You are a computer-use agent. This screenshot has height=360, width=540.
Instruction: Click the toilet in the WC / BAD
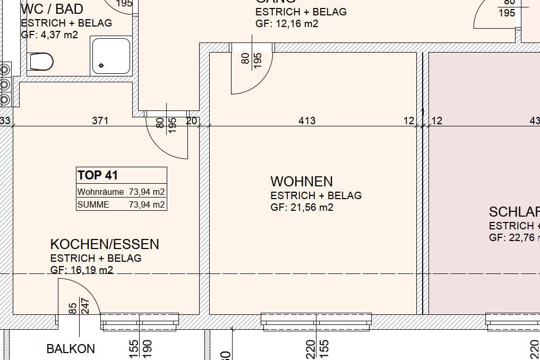(41, 61)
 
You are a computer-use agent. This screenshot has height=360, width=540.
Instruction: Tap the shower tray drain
(101, 66)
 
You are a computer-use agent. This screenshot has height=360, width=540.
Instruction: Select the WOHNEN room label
(301, 182)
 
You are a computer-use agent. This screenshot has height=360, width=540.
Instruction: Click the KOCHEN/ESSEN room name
(105, 244)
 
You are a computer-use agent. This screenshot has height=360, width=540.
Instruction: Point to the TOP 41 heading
(98, 175)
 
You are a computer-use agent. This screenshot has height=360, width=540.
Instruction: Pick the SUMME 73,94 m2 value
(147, 204)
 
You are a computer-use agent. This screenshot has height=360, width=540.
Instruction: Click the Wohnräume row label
(100, 192)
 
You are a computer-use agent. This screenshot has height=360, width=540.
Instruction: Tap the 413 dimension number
(307, 121)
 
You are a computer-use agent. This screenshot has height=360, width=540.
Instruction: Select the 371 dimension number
(100, 121)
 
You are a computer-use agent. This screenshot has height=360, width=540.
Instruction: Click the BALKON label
(71, 349)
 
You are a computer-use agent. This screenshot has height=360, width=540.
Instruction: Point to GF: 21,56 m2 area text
(302, 208)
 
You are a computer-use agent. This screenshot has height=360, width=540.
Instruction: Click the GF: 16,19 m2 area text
(82, 270)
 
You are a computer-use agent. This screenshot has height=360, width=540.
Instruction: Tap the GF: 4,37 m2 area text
(49, 35)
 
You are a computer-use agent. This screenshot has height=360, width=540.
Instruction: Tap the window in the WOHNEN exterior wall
(316, 321)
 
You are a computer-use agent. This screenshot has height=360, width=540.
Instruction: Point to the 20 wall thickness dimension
(191, 121)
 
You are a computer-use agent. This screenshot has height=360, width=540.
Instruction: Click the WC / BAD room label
(52, 9)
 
